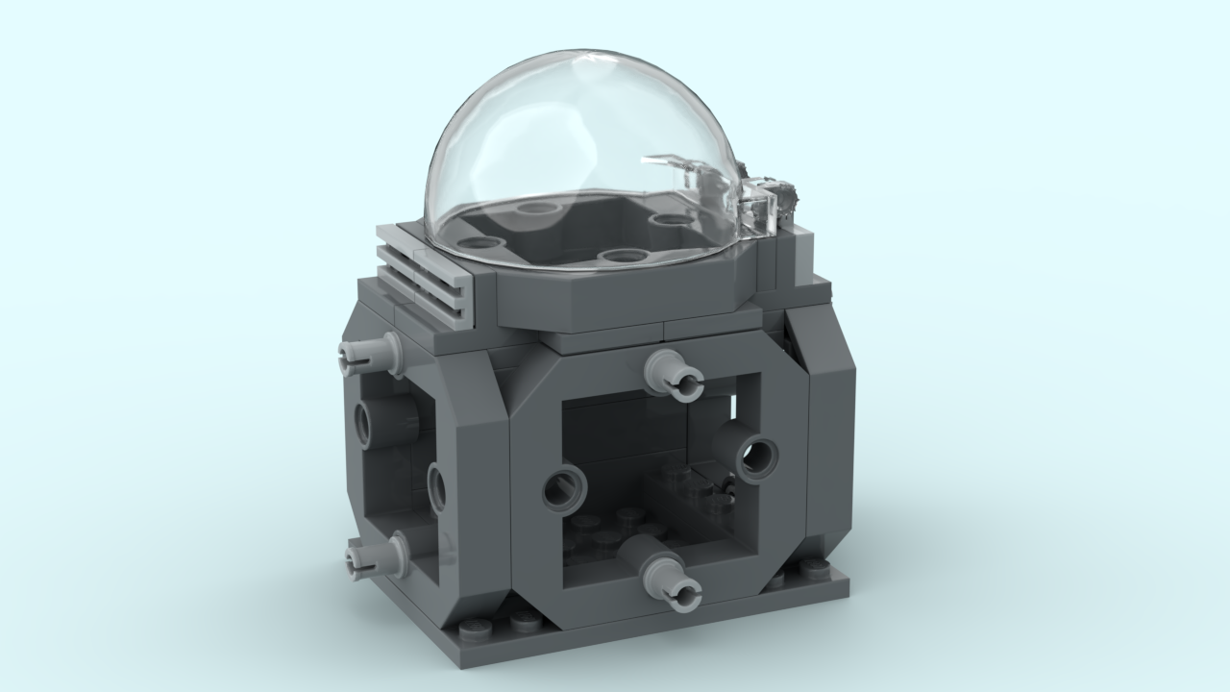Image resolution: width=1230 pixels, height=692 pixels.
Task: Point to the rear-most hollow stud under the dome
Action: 534,207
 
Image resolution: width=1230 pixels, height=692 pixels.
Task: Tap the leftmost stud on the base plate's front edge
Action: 473,629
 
